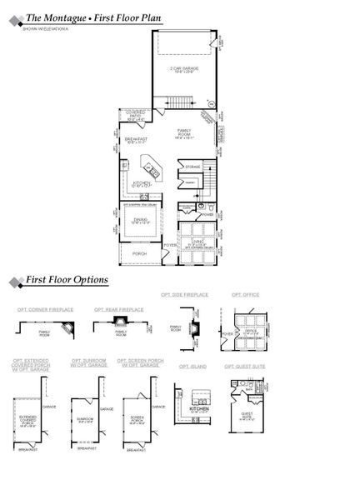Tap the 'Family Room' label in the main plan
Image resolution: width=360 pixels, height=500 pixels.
[x=184, y=132]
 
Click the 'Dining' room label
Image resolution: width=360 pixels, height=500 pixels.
[x=140, y=220]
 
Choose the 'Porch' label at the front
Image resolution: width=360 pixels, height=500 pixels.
[x=139, y=253]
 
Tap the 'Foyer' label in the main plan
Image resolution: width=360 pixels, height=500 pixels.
[x=169, y=244]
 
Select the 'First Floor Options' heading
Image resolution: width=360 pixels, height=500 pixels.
[x=67, y=281]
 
